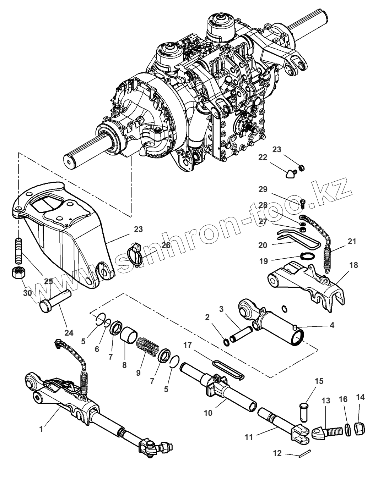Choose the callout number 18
tap(353, 265)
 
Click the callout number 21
tap(351, 242)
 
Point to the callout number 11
tap(249, 437)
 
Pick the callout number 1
tap(41, 429)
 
